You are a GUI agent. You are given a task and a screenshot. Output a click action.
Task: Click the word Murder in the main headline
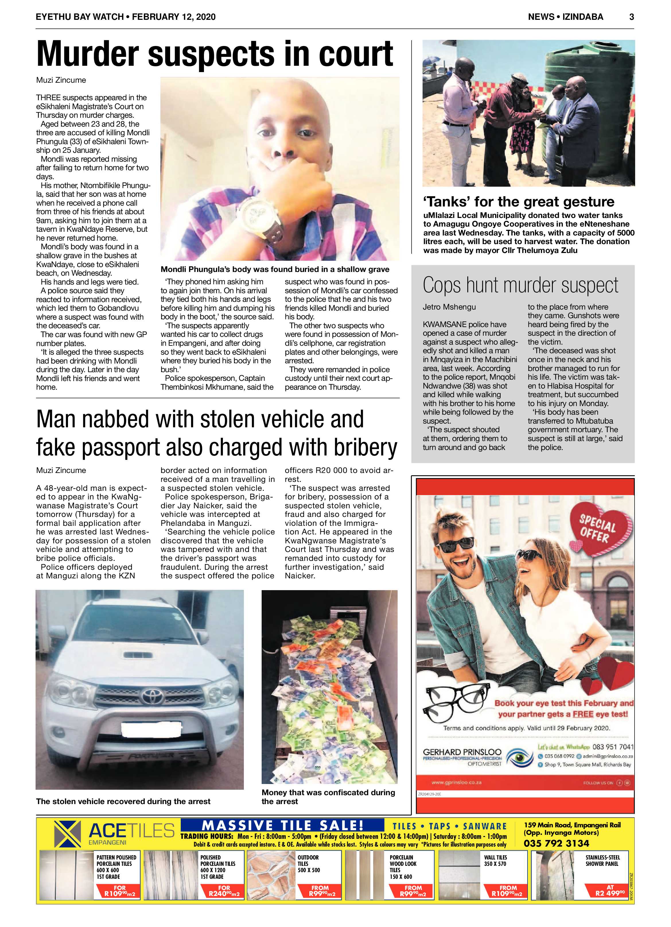pos(87,54)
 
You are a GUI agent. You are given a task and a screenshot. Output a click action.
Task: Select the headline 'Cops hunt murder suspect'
pos(520,285)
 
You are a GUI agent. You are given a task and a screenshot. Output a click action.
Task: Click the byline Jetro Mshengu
pos(449,307)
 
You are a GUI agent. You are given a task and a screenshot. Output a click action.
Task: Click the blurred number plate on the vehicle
pos(151,730)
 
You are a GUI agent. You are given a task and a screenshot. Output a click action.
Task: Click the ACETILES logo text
pos(131,831)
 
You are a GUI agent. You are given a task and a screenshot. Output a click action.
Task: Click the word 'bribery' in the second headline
pos(365,447)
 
